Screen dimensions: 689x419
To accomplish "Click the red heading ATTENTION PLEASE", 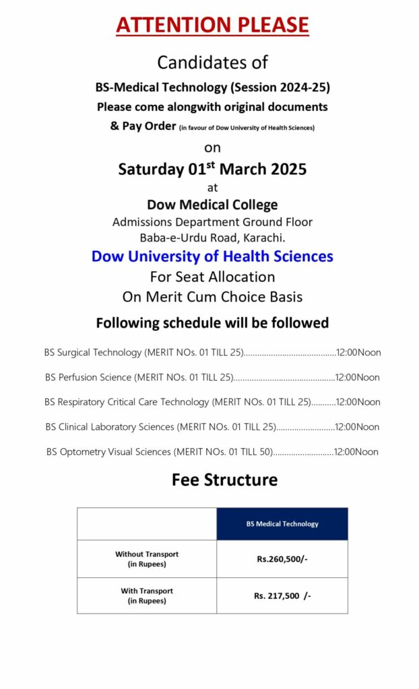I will pyautogui.click(x=212, y=25).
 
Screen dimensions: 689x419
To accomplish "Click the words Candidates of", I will pyautogui.click(x=212, y=63).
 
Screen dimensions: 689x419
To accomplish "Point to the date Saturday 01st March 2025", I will pyautogui.click(x=212, y=168).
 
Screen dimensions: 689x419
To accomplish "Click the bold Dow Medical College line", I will pyautogui.click(x=212, y=205).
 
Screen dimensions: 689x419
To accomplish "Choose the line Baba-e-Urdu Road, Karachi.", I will pyautogui.click(x=212, y=237).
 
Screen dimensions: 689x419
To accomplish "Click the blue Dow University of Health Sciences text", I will pyautogui.click(x=212, y=256).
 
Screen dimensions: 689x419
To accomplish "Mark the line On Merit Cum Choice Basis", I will pyautogui.click(x=212, y=296).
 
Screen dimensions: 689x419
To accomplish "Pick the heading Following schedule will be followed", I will pyautogui.click(x=212, y=323).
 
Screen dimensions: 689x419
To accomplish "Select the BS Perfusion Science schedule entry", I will pyautogui.click(x=139, y=377).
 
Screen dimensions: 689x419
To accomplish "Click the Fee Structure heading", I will pyautogui.click(x=224, y=480).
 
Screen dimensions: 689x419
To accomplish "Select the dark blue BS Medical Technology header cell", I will pyautogui.click(x=282, y=524).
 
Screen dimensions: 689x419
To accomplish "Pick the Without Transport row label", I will pyautogui.click(x=147, y=559).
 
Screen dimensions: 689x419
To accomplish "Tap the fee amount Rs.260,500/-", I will pyautogui.click(x=282, y=559).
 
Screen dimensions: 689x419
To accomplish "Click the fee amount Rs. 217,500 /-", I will pyautogui.click(x=282, y=595).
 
